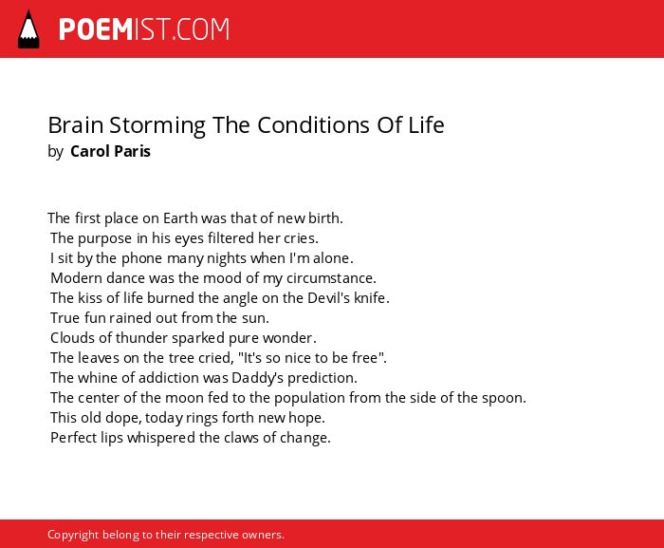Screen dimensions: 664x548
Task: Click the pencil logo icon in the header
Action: pyautogui.click(x=28, y=29)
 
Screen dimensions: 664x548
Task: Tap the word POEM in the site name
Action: pyautogui.click(x=96, y=29)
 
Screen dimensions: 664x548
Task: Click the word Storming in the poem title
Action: pyautogui.click(x=157, y=126)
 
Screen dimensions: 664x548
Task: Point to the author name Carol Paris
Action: pyautogui.click(x=110, y=151)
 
